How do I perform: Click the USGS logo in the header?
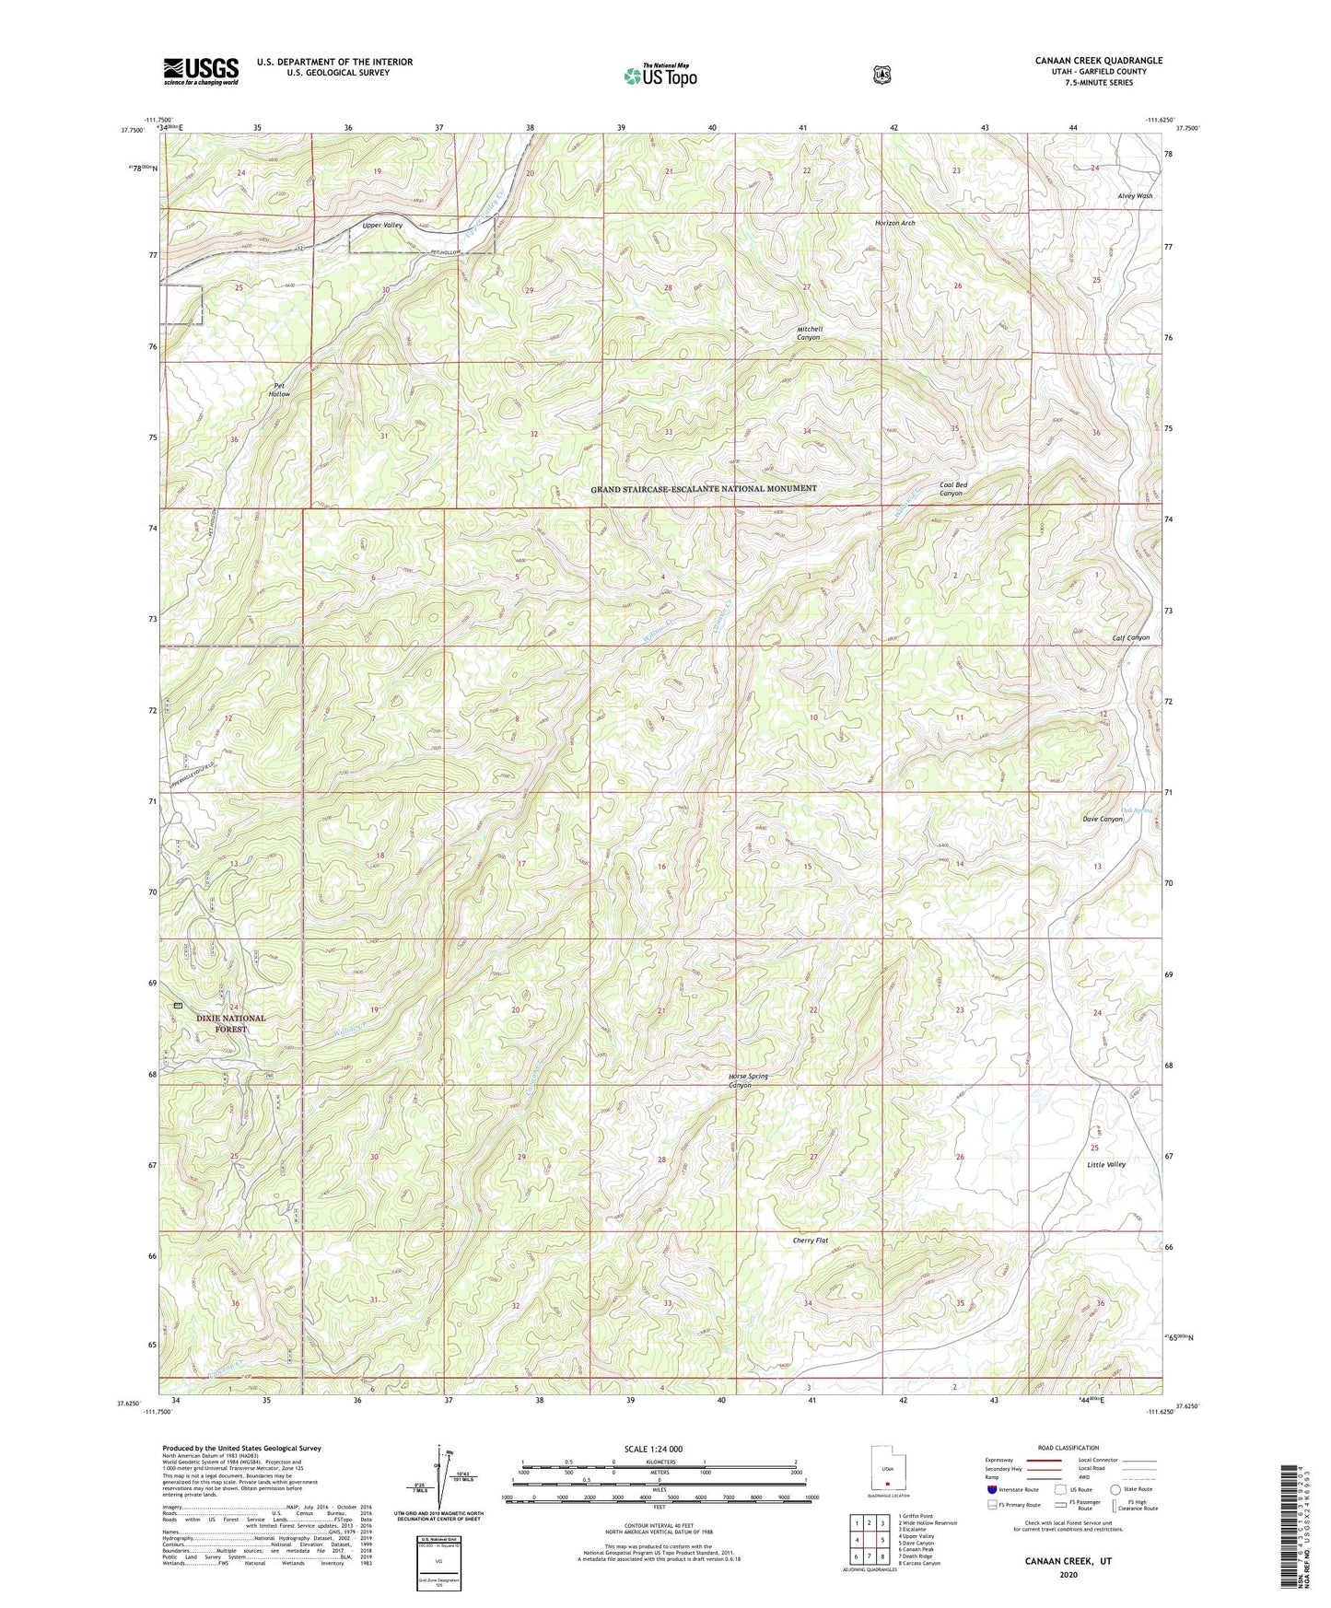click(x=201, y=71)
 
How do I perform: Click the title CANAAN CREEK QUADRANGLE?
click(x=1098, y=61)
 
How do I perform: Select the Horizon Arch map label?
click(x=894, y=223)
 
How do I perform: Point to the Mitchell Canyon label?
click(x=809, y=333)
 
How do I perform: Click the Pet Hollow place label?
click(x=279, y=390)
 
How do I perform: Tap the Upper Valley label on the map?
click(x=382, y=226)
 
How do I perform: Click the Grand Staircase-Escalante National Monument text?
click(x=703, y=488)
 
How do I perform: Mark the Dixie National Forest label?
click(x=230, y=1023)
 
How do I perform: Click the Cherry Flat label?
click(x=810, y=1241)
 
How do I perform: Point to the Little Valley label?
click(x=1105, y=1164)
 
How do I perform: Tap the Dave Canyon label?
click(x=1102, y=819)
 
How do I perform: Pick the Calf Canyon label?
click(x=1130, y=637)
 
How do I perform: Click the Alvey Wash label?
click(x=1135, y=196)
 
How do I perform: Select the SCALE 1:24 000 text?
click(x=653, y=1449)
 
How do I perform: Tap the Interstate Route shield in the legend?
click(x=991, y=1489)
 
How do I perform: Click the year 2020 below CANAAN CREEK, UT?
click(x=1068, y=1575)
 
